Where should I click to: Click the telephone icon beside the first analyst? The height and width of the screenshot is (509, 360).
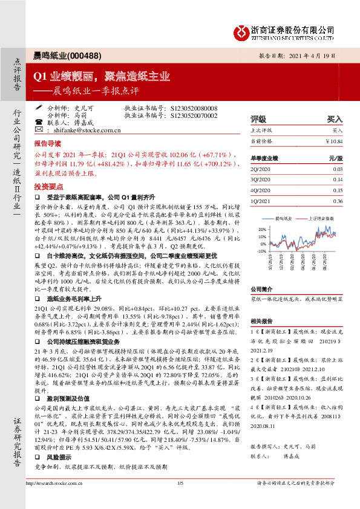(39, 122)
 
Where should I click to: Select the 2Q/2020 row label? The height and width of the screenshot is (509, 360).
(261, 170)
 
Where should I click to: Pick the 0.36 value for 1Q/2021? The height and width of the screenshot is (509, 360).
(338, 201)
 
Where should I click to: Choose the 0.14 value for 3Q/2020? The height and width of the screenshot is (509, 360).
(338, 180)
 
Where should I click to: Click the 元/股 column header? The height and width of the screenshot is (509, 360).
(335, 158)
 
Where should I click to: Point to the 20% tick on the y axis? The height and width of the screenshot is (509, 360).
(262, 230)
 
